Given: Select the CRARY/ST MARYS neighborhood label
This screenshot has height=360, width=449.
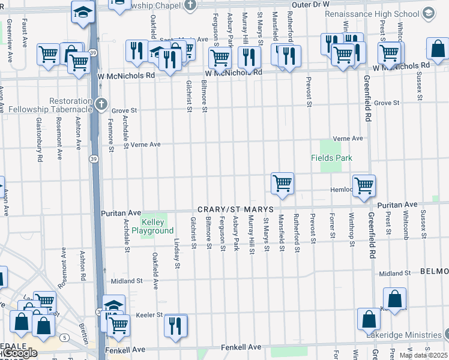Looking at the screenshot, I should [236, 209].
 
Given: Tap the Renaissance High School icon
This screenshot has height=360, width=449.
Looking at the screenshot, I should [428, 13].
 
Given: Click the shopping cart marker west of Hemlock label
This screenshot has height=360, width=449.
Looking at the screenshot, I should [282, 183].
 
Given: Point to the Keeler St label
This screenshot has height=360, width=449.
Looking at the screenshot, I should [151, 314].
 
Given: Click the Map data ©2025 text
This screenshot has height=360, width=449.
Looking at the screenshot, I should [423, 355].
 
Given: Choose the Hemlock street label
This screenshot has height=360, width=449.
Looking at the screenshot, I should [340, 189].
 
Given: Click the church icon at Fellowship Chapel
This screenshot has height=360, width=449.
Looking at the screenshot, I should [190, 5].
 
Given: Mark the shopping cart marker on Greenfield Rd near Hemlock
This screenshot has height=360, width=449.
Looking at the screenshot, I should [364, 185].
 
